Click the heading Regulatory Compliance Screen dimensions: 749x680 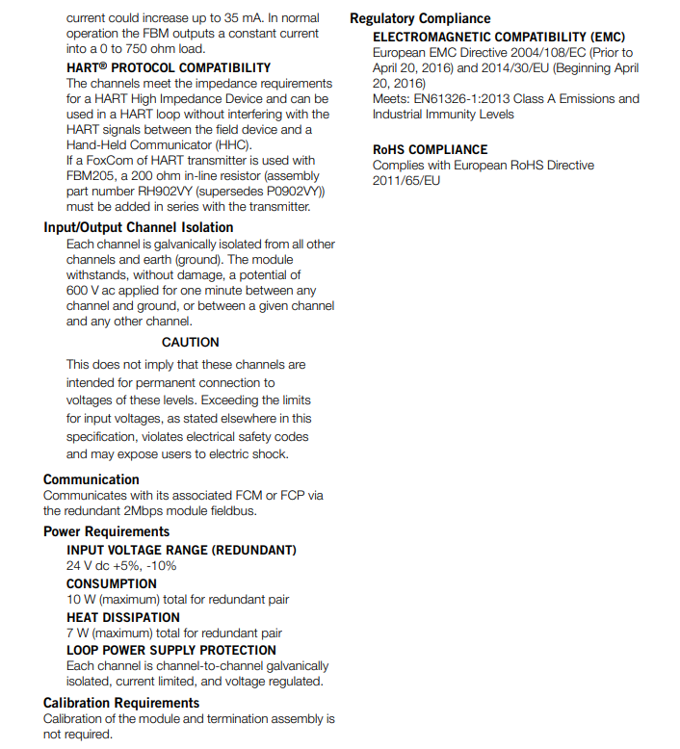(420, 18)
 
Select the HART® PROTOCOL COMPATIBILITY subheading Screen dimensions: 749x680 (169, 68)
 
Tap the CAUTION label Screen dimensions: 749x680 (190, 342)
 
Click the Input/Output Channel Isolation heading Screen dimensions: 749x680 (138, 227)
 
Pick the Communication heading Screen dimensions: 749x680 (92, 479)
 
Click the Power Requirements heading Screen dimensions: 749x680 (106, 531)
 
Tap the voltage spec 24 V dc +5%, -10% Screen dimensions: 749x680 (121, 566)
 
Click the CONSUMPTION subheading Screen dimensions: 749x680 (112, 583)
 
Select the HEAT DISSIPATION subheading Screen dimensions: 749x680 (123, 617)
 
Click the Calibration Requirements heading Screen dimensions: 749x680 (121, 703)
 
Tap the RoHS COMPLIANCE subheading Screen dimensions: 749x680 (431, 149)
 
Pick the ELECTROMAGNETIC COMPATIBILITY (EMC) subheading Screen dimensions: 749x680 (499, 37)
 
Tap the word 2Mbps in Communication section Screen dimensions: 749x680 (169, 511)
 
